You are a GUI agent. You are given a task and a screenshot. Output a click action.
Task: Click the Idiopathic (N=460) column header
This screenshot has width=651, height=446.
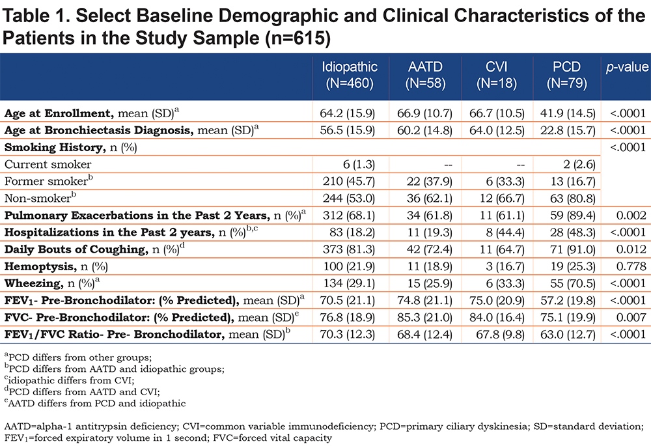pos(350,75)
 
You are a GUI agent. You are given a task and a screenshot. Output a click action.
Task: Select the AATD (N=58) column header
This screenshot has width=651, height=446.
pos(425,75)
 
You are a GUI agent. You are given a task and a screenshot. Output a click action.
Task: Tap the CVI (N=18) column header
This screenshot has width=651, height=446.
pos(497,75)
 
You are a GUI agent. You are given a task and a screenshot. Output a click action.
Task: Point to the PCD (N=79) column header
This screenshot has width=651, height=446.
pos(567,75)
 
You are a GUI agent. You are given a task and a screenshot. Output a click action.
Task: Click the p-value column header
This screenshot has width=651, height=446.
pos(627,67)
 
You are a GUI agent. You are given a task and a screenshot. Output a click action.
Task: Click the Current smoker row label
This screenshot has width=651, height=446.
pos(48,165)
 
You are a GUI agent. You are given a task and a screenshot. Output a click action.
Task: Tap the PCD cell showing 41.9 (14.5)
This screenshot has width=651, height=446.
pos(568,113)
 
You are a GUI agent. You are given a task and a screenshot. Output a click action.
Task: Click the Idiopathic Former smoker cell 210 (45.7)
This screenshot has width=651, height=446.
pos(349,182)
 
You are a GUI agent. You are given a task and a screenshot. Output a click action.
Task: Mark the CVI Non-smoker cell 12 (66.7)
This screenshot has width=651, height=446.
pos(502,199)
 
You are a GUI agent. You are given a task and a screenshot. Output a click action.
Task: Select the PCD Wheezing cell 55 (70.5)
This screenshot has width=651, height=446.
pos(573,283)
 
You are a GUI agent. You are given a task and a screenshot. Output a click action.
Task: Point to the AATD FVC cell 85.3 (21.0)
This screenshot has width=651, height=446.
pos(424,317)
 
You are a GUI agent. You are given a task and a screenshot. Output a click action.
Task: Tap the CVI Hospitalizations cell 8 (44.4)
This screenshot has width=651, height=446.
pos(505,232)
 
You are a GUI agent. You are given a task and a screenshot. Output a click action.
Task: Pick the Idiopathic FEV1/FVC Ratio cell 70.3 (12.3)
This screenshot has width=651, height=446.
pos(347,334)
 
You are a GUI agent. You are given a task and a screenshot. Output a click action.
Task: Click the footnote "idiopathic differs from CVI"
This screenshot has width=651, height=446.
pos(70,380)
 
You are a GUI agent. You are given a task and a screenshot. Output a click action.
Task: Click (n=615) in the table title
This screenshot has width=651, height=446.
pos(298,38)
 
